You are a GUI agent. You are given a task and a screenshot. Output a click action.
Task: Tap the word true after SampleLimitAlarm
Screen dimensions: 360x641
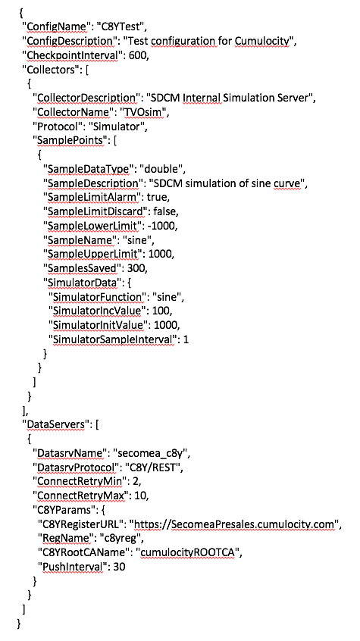158,198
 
